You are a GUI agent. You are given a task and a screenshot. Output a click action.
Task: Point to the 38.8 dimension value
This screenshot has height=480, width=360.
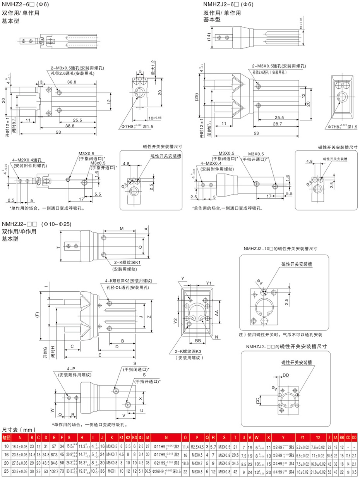pyautogui.click(x=70, y=126)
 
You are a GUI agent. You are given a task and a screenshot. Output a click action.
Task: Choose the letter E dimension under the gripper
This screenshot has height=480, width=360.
pyautogui.click(x=100, y=355)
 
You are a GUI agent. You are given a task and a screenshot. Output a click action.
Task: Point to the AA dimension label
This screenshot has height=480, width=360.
pyautogui.click(x=217, y=312)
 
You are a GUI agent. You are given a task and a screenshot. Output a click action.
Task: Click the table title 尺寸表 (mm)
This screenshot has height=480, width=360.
pyautogui.click(x=19, y=430)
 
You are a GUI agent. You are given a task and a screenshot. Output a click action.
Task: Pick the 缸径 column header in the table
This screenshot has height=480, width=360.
pyautogui.click(x=7, y=438)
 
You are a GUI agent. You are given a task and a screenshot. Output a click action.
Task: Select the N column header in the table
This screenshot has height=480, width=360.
pyautogui.click(x=166, y=438)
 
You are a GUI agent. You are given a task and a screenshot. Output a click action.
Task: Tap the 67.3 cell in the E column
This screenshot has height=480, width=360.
pyautogui.click(x=54, y=454)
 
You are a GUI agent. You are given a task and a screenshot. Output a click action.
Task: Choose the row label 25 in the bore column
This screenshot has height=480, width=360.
pyautogui.click(x=7, y=471)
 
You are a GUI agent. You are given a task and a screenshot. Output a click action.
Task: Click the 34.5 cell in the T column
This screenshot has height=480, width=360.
pyautogui.click(x=235, y=463)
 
